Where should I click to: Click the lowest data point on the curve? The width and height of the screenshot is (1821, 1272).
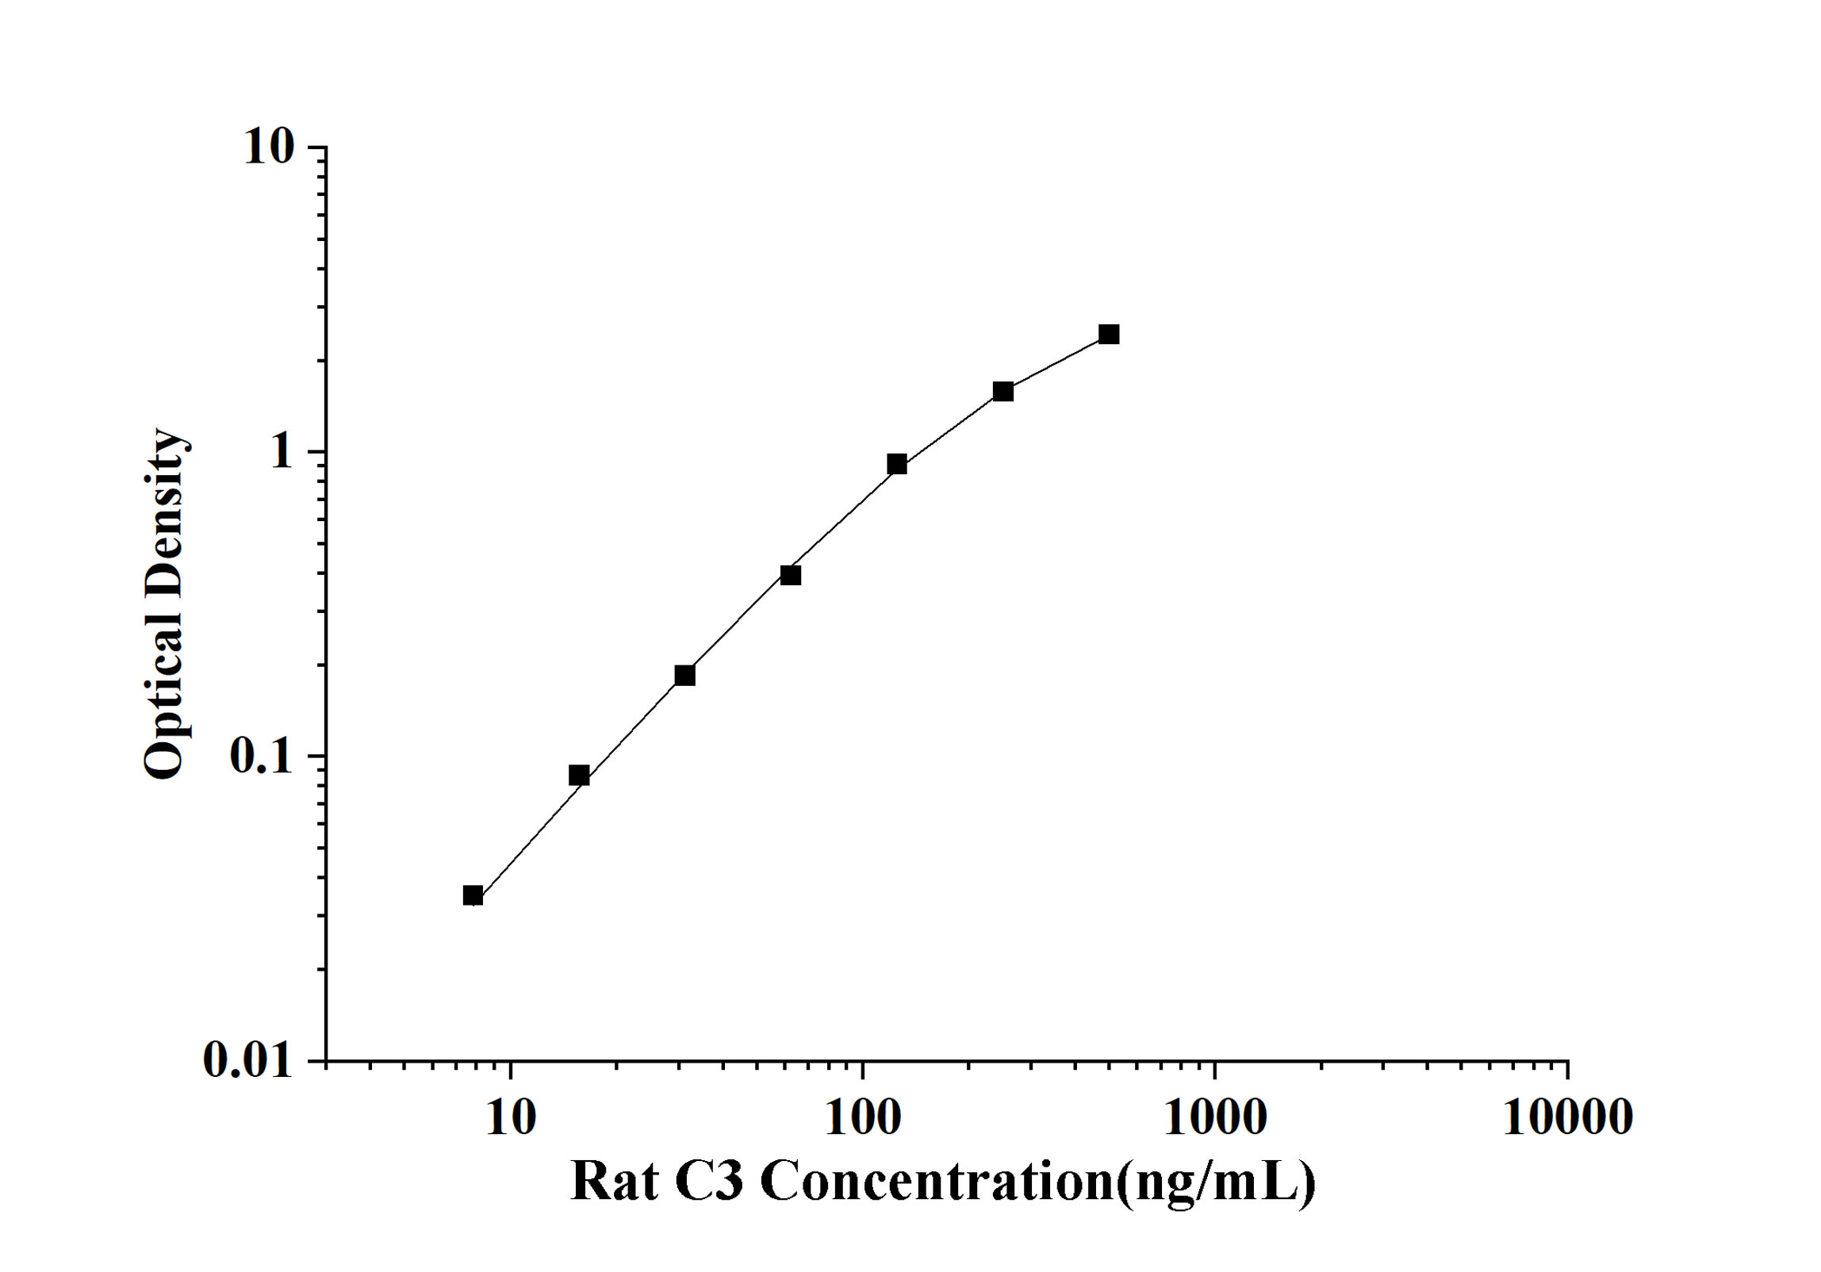click(473, 896)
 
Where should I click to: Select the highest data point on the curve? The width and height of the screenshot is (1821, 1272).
click(1109, 334)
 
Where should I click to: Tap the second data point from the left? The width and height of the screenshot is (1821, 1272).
click(579, 775)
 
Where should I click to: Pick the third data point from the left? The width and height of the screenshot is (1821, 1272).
click(684, 675)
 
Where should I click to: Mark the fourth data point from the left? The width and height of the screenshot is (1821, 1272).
click(791, 575)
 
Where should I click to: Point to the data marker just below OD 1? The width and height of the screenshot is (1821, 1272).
click(897, 464)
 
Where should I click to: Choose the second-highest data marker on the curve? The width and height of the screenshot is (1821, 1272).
click(1003, 391)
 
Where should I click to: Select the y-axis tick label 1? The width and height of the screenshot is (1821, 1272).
click(281, 452)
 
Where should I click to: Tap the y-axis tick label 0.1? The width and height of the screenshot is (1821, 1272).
click(261, 756)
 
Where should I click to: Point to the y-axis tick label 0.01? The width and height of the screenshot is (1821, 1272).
click(248, 1059)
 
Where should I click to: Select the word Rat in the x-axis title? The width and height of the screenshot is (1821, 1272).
click(614, 1182)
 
